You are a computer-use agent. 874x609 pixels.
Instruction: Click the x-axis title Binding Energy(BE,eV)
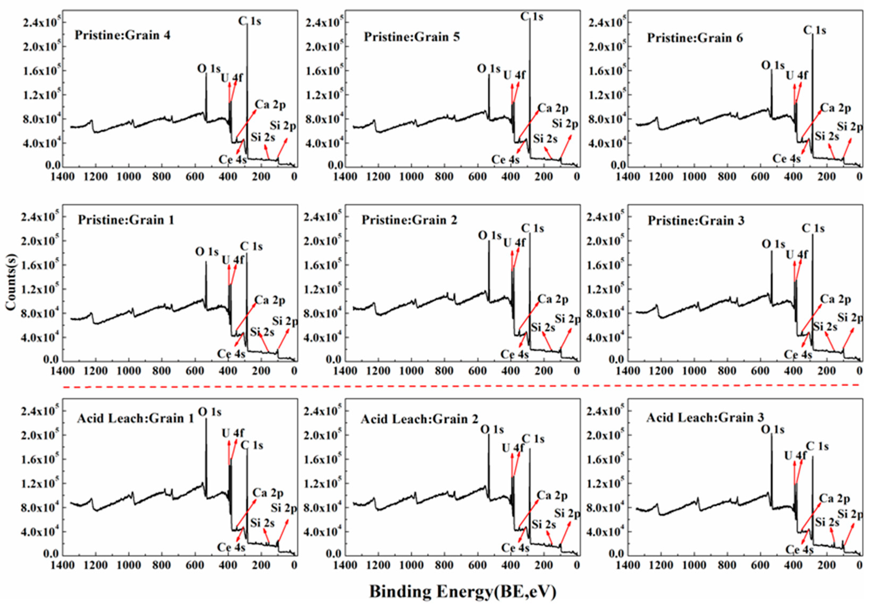tap(462, 592)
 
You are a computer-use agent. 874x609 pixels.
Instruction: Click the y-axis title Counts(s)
tap(11, 282)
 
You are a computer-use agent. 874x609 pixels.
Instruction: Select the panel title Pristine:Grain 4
tap(122, 35)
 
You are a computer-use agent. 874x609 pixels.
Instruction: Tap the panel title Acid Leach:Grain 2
tap(419, 419)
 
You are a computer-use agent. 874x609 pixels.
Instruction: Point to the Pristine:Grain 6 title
tap(695, 38)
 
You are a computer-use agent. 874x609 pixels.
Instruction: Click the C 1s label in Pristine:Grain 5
tap(532, 17)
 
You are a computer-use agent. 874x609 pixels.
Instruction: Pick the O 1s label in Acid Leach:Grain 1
tap(209, 412)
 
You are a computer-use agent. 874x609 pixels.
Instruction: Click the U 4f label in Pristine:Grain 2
tap(514, 243)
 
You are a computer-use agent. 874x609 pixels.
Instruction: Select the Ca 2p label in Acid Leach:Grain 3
tap(834, 499)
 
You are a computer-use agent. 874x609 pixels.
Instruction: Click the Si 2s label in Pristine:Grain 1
tap(262, 332)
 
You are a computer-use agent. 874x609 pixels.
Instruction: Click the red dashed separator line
tap(462, 386)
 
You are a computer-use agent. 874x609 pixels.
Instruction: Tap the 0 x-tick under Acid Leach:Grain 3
tap(859, 565)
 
